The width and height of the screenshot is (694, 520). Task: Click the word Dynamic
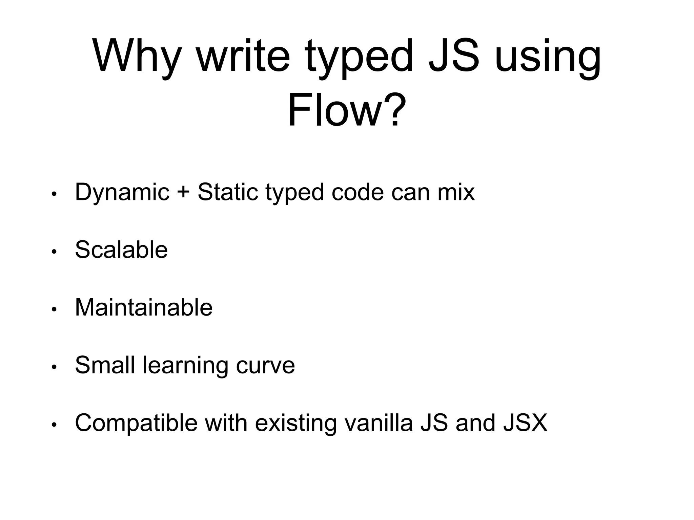coord(122,192)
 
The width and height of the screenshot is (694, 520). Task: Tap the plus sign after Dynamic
coord(183,192)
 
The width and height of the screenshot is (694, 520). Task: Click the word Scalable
coord(121,250)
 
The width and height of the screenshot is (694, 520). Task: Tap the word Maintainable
coord(144,307)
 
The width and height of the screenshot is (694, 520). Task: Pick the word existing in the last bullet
coord(295,423)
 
